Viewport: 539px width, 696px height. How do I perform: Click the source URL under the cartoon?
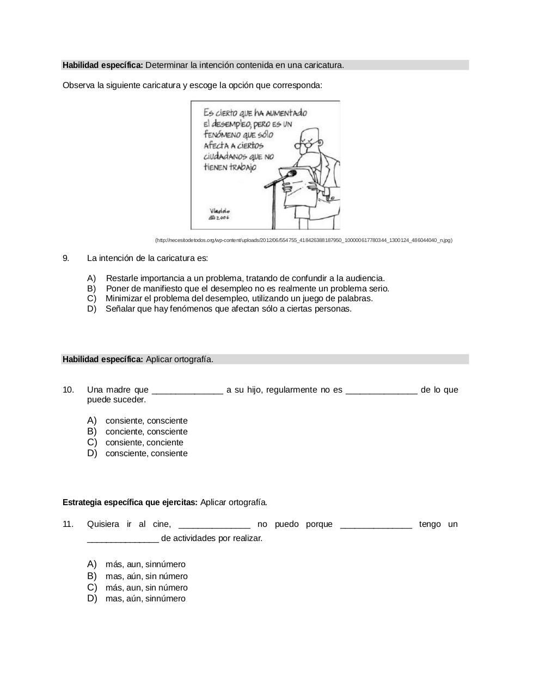303,240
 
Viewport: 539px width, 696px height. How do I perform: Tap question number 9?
66,258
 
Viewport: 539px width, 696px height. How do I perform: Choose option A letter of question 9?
91,278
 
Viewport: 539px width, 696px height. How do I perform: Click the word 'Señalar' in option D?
119,309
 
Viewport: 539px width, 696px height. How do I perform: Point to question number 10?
68,390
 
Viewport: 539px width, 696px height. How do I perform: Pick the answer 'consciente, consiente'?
146,453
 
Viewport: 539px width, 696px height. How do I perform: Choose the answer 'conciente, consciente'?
146,432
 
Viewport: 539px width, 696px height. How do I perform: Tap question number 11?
68,524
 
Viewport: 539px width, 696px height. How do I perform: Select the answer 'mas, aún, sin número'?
146,576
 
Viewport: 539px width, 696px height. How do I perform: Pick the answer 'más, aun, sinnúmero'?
145,564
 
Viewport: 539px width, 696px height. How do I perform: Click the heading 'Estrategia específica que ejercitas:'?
130,502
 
